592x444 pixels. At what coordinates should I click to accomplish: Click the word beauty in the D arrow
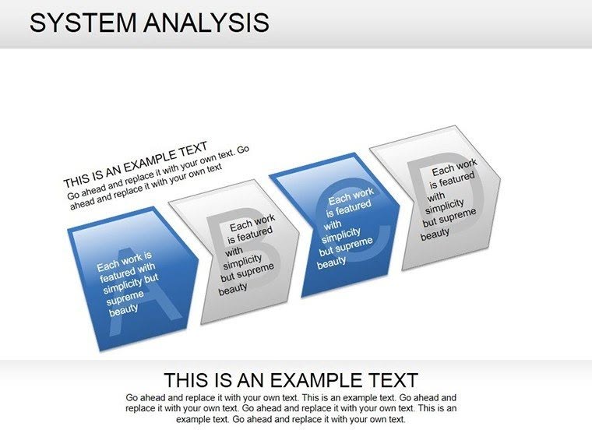tap(435, 233)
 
